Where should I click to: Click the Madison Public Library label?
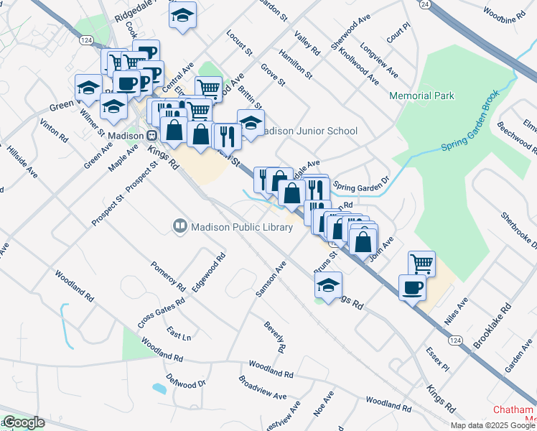point(242,228)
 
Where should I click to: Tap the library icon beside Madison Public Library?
point(180,227)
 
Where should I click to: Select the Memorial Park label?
point(421,96)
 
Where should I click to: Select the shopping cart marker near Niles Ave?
point(421,263)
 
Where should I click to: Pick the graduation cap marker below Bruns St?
point(329,285)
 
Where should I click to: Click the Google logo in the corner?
point(23,422)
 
